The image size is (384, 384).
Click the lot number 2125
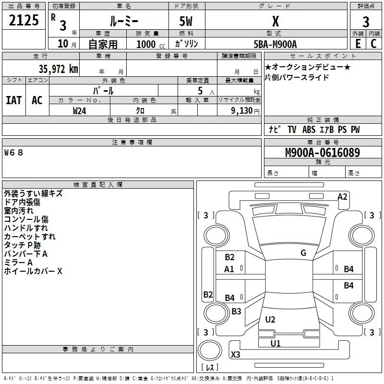24,21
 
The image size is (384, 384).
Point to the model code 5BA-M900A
275,44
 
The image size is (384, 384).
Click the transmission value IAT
13,100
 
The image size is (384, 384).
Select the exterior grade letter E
357,44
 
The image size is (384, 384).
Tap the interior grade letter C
373,44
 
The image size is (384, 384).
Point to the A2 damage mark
342,196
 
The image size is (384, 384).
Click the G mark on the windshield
303,253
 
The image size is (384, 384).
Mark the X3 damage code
236,355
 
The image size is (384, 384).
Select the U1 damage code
276,343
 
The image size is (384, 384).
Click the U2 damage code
270,320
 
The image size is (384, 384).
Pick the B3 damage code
236,312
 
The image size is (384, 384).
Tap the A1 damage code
229,269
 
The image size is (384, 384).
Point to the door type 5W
186,22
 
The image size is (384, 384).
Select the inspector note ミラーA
18,263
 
